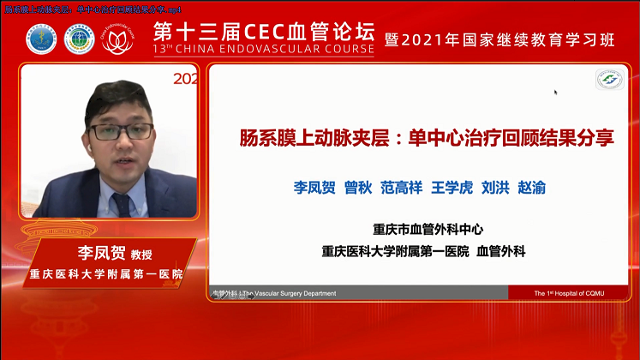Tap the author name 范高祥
[401, 187]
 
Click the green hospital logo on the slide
[609, 79]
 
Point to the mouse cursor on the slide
[556, 92]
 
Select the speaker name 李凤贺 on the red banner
[95, 255]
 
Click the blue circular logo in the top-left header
[39, 39]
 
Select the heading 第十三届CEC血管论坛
[263, 32]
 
